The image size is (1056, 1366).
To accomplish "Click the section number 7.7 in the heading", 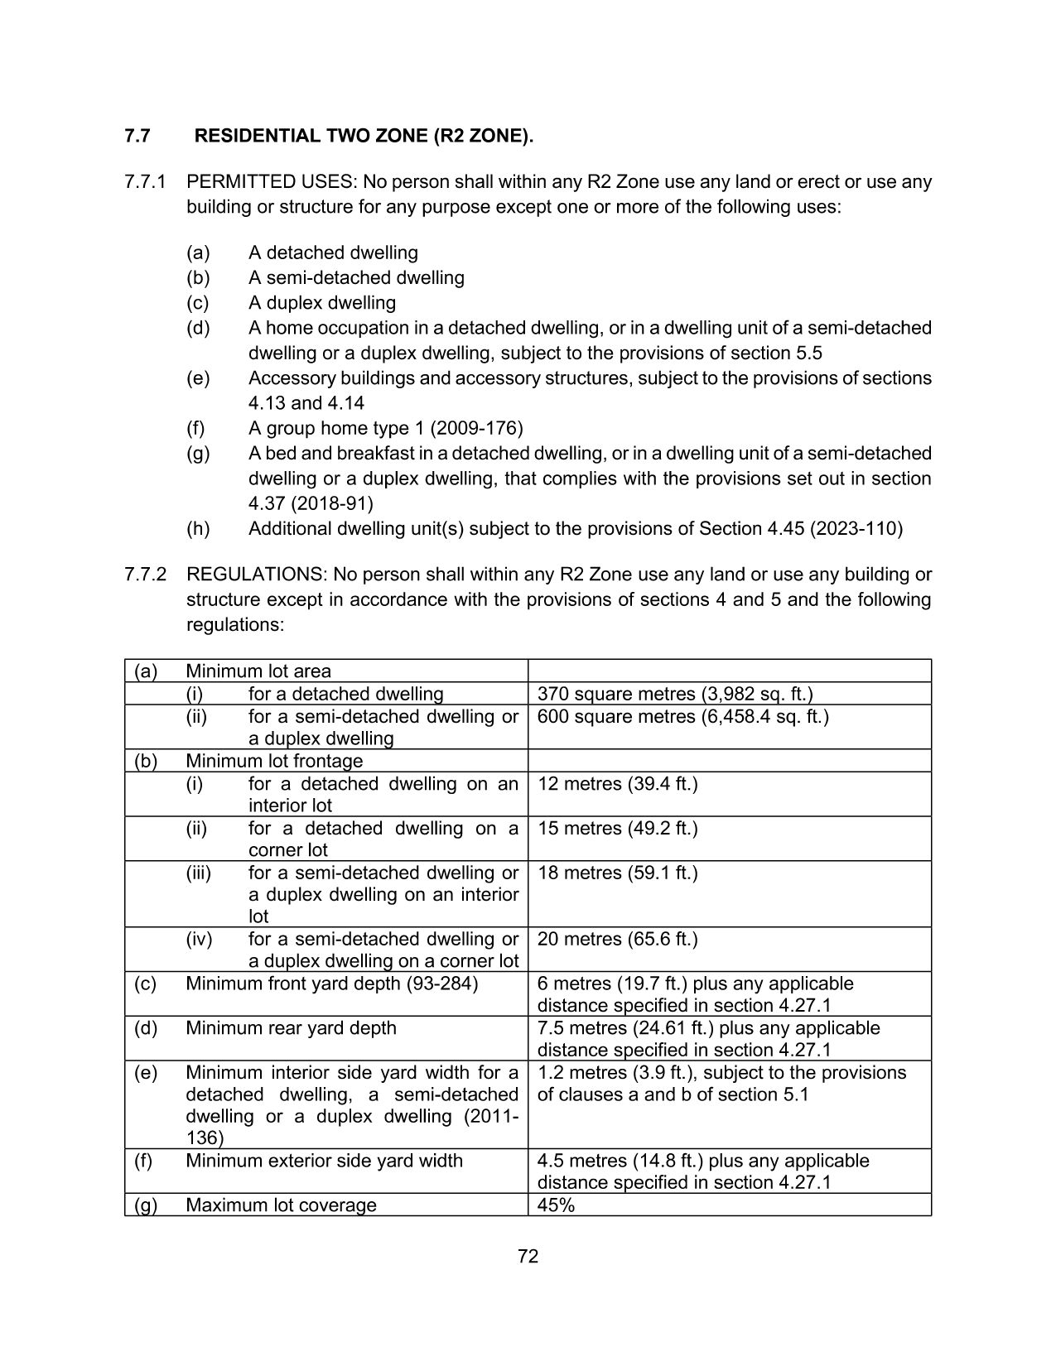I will pos(137,136).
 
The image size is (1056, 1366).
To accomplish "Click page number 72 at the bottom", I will pos(528,1257).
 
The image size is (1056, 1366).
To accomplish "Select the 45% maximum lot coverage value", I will pos(556,1205).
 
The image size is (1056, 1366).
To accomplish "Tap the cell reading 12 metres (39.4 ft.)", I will pos(617,783).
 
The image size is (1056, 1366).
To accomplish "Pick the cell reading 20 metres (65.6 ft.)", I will pos(617,939).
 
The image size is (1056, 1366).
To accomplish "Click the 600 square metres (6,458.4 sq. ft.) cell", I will pos(682,716).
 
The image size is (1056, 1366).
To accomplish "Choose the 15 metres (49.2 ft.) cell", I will pos(617,828).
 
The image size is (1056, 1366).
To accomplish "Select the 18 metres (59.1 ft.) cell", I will pos(617,873).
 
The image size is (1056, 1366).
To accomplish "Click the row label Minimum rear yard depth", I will pos(291,1028).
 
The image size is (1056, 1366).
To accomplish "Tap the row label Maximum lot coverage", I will pos(281,1205).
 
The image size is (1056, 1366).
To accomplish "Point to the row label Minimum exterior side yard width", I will pos(324,1161).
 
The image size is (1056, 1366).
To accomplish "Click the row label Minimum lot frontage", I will pos(274,761).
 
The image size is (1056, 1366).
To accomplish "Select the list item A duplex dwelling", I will pos(322,303).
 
